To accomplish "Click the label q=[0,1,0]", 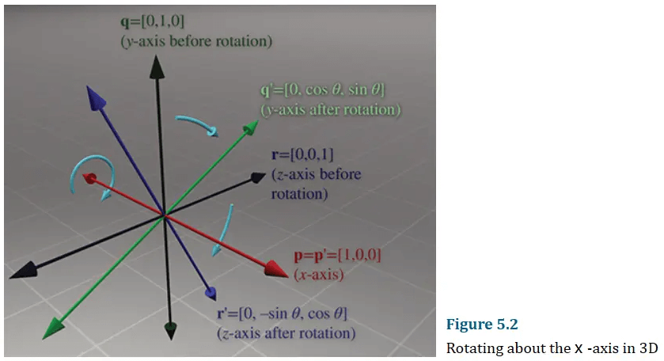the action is click(153, 21).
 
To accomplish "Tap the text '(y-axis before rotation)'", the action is click(196, 41).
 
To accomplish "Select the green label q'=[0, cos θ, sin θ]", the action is click(323, 89).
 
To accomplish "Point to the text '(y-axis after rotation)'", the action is click(331, 110).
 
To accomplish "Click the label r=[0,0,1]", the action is click(302, 154).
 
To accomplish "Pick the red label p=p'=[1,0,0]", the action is click(337, 255).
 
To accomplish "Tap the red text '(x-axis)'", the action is click(319, 275).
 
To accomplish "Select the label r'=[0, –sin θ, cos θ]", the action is click(282, 313).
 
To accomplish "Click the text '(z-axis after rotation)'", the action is click(286, 333).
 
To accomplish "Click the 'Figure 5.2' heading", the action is click(482, 324).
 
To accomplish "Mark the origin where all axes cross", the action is click(165, 215).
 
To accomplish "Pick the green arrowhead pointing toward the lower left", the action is click(53, 329).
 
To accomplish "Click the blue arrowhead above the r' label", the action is click(211, 293).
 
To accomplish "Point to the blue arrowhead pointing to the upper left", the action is click(95, 98).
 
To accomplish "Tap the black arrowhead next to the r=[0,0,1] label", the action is click(257, 177).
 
